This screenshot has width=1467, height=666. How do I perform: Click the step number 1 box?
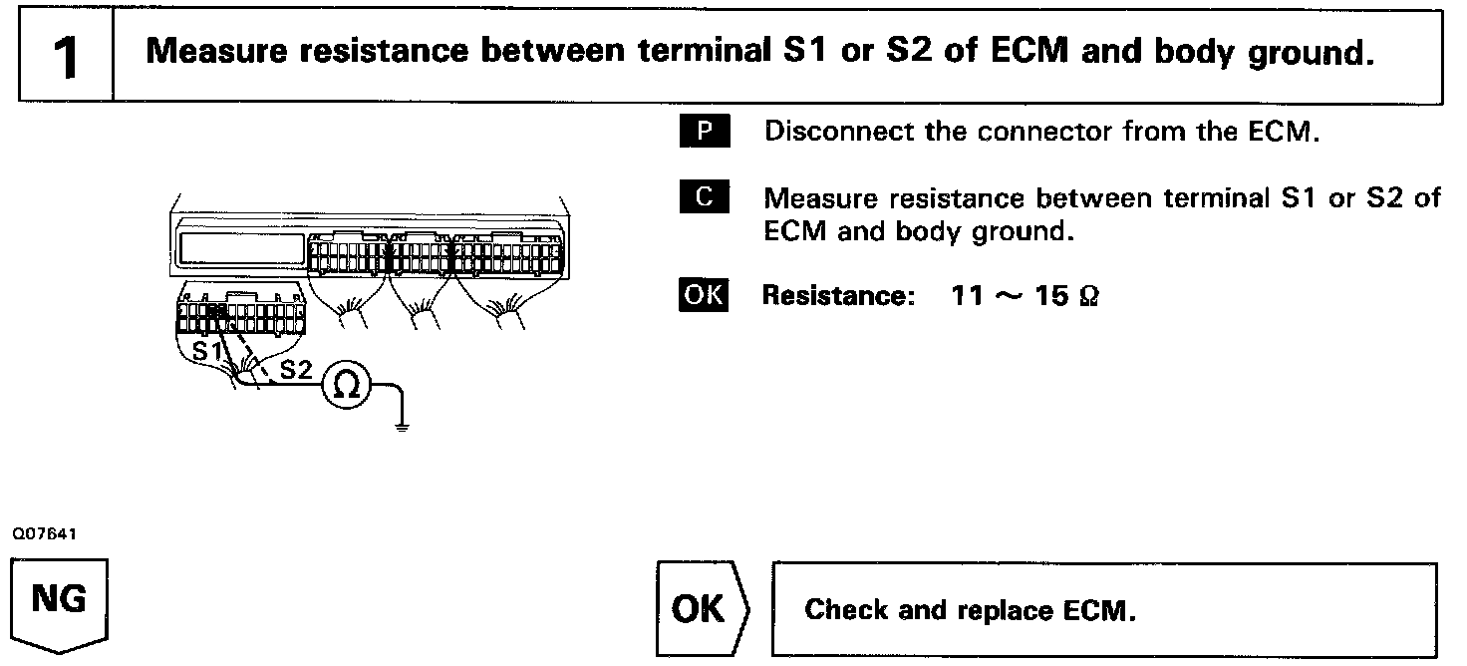[x=66, y=56]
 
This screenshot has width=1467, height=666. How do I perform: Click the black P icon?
[x=705, y=132]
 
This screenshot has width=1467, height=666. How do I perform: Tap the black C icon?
[x=705, y=196]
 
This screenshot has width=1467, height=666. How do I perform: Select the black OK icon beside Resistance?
[x=704, y=296]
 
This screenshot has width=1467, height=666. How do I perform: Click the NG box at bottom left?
[x=59, y=602]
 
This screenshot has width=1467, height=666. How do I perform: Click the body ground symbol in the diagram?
[x=402, y=426]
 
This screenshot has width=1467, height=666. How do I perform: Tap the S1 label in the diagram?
[x=206, y=352]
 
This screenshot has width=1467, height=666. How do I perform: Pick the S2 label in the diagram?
[x=295, y=371]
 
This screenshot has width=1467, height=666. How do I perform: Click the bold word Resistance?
[x=838, y=296]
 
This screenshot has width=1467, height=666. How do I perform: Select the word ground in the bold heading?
[x=1307, y=52]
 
